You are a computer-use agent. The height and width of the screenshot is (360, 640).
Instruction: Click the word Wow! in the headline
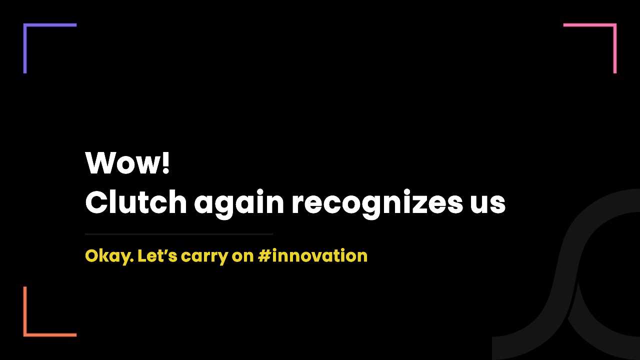click(127, 162)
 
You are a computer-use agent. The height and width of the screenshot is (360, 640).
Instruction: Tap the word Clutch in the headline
click(136, 201)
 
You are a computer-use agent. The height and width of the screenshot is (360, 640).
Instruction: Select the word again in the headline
click(239, 203)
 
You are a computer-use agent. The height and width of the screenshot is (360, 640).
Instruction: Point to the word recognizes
click(377, 203)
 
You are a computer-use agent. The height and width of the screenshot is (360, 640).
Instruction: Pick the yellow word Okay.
click(109, 256)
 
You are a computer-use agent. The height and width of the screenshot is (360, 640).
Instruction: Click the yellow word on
click(242, 256)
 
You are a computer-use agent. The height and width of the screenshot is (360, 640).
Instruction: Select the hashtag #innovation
click(312, 255)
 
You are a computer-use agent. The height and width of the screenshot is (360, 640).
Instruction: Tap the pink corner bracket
click(615, 25)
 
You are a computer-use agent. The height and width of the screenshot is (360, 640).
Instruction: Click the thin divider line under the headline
click(179, 234)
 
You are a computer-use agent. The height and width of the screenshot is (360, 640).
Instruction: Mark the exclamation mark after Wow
click(165, 162)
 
